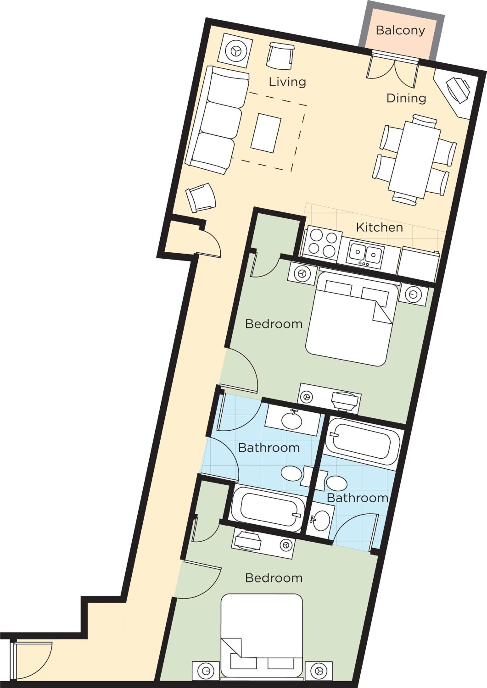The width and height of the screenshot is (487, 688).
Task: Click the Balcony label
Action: coord(400,30)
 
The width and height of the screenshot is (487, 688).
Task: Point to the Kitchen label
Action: coord(379,227)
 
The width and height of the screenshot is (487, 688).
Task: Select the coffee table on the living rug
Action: coord(266,133)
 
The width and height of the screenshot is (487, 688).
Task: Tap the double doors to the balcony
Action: coord(392,69)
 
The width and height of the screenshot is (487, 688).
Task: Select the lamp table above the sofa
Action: coord(236,51)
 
